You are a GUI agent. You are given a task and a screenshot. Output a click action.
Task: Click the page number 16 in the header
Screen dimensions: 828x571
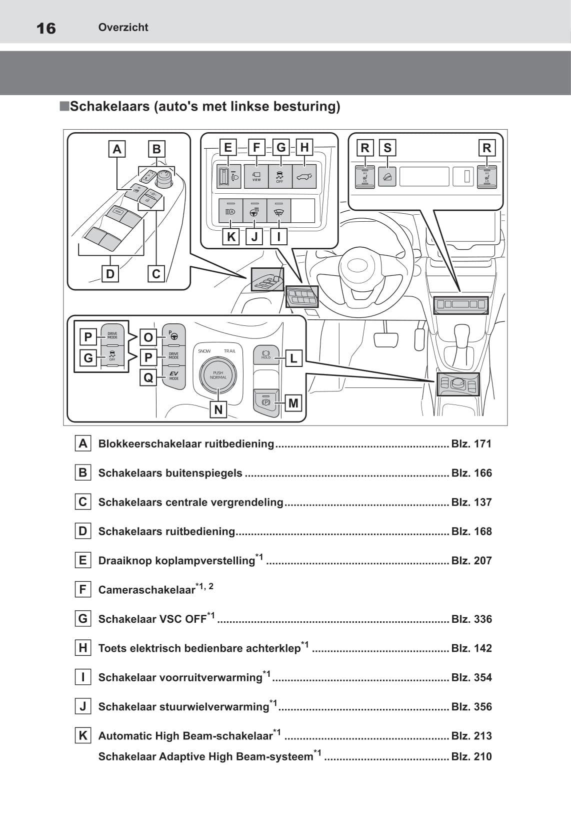tap(46, 28)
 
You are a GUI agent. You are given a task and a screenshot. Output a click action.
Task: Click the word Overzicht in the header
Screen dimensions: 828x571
tap(123, 28)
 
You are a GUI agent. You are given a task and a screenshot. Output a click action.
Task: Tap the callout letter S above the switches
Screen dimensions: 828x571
tap(387, 148)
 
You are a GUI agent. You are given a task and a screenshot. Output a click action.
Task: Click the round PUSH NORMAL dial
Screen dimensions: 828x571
tap(218, 375)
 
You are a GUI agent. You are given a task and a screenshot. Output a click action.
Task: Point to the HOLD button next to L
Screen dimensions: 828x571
tap(266, 355)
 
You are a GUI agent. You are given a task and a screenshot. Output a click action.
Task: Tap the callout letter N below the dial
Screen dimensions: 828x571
tap(218, 409)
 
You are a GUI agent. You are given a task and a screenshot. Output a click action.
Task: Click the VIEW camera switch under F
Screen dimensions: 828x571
tap(256, 176)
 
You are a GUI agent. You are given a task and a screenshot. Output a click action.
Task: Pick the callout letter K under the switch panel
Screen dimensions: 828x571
tap(231, 236)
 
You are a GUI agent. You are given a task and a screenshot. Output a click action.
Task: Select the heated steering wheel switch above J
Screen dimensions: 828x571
tap(254, 211)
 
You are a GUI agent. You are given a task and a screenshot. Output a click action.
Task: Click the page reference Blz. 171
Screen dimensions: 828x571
tap(471, 444)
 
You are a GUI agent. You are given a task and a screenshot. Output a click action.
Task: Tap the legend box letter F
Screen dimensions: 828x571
tap(83, 589)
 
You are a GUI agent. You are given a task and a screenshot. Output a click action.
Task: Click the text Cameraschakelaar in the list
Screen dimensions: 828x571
tap(146, 590)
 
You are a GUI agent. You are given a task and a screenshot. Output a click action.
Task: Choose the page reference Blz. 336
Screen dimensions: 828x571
tap(471, 619)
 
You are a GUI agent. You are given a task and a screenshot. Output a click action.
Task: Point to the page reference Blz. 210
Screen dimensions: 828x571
tap(471, 756)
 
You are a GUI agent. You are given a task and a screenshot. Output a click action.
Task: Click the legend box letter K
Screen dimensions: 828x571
tap(83, 735)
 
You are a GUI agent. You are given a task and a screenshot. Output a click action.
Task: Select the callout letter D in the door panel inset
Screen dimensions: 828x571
tap(110, 274)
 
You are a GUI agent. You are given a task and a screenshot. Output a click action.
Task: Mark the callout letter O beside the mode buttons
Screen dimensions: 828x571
tap(148, 337)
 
